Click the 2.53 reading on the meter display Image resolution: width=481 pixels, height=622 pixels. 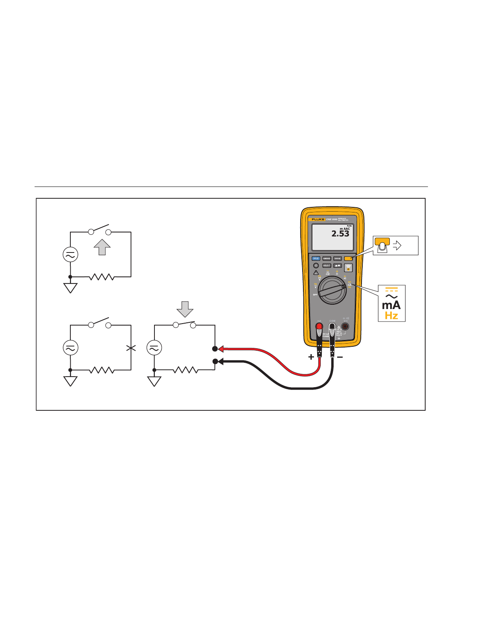point(340,234)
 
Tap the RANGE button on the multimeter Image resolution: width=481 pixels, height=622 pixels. point(337,258)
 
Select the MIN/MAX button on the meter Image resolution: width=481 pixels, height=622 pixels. point(327,258)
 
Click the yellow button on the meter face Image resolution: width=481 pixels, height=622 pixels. point(348,258)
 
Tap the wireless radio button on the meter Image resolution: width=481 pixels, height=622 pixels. point(349,268)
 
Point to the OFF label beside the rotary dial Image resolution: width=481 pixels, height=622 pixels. point(315,295)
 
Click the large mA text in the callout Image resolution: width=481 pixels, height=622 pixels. point(391,306)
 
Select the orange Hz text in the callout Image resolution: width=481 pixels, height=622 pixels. point(391,316)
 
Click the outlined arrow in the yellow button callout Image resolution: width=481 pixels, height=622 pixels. point(397,246)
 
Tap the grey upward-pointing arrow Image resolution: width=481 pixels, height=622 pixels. point(102,247)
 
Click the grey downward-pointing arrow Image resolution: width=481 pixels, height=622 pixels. point(185,309)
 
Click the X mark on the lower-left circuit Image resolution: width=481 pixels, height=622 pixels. point(131,348)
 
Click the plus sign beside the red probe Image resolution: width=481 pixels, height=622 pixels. point(311,357)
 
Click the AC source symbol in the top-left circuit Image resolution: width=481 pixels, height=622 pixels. point(70,254)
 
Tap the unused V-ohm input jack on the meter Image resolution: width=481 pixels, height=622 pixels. point(345,327)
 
